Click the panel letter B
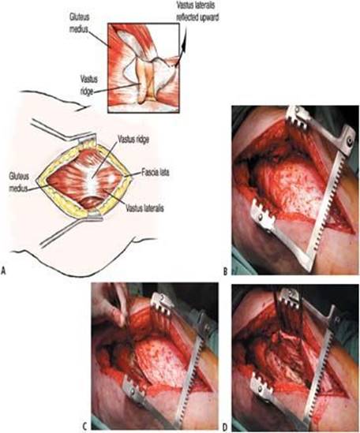225,272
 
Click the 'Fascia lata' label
155,172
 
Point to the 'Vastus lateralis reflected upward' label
197,11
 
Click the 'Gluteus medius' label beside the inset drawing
79,23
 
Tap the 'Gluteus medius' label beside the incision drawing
19,182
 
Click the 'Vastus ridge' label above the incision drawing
133,140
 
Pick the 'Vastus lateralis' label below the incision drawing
144,208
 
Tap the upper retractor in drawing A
64,133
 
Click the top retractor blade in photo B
297,118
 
